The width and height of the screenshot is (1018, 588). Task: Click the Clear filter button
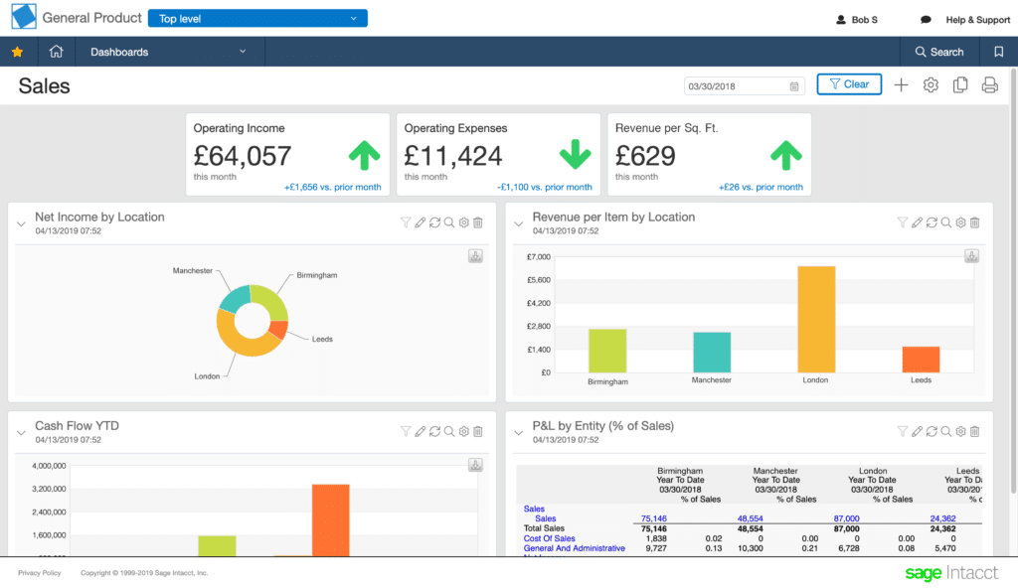(849, 84)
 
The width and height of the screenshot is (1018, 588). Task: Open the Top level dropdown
(257, 19)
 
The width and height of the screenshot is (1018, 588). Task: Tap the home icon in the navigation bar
(57, 52)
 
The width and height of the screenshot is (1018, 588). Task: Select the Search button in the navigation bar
(938, 52)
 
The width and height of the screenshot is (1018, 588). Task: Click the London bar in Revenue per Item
(815, 319)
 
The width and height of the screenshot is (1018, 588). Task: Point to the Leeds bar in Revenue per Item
(921, 359)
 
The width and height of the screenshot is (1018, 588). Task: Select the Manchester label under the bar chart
(711, 380)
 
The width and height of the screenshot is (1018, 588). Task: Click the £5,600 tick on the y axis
(537, 280)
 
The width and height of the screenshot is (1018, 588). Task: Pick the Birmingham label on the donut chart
(316, 276)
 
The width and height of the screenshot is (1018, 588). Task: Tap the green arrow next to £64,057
(365, 155)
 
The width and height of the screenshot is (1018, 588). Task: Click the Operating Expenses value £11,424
(452, 156)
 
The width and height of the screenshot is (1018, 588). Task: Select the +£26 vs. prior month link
(761, 187)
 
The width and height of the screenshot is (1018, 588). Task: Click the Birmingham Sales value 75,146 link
(653, 518)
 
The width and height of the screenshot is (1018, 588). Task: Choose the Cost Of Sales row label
(549, 538)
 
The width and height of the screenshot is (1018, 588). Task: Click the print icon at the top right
(989, 85)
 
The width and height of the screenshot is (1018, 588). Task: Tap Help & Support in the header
(977, 20)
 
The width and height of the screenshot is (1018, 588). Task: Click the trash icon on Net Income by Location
(478, 223)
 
